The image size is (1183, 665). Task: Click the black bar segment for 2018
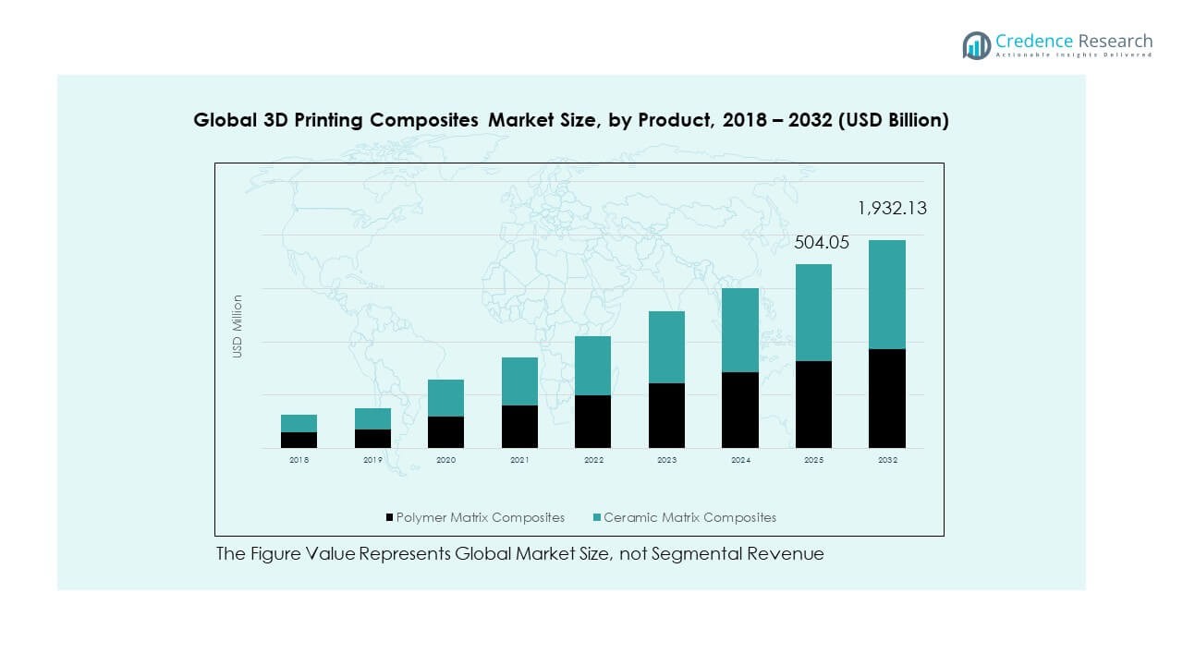pos(299,440)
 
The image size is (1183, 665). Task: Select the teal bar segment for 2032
pos(886,295)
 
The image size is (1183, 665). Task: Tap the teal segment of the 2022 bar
pos(592,366)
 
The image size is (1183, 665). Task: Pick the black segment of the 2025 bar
pos(813,405)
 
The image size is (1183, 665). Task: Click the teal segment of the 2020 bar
pos(445,398)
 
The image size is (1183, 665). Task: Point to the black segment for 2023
pos(666,416)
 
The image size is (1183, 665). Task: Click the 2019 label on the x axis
pos(372,460)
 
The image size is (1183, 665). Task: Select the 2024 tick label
pos(739,460)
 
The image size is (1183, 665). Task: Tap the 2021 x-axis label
pos(519,460)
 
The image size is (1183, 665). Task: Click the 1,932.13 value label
pos(892,209)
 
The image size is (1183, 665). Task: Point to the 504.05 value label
pos(822,243)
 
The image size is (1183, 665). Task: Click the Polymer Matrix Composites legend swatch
pos(390,518)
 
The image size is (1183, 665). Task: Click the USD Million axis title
pos(238,326)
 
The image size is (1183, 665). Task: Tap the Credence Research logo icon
pos(976,44)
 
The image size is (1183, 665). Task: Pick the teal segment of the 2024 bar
pos(739,330)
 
